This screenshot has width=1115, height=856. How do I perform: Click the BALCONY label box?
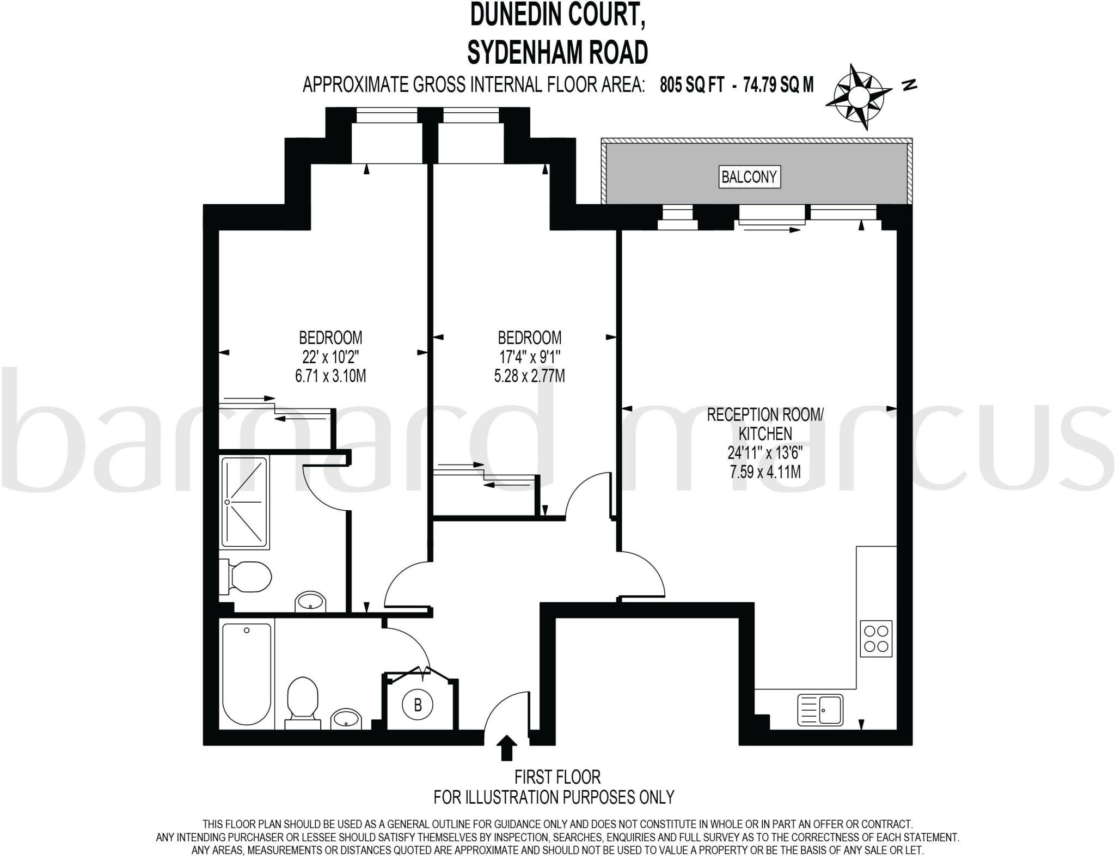pos(749,177)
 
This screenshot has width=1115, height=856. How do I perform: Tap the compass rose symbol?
pos(859,97)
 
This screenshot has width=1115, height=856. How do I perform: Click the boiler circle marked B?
pos(418,705)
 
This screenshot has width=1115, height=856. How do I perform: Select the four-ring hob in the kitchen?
pos(876,639)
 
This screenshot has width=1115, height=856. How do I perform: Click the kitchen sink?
pos(820,710)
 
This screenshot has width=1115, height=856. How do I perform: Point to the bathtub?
pos(247,674)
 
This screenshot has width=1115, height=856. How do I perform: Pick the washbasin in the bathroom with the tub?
pos(346,718)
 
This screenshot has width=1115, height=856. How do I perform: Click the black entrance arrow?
pos(507,747)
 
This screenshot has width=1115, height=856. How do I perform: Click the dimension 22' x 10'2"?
pos(330,357)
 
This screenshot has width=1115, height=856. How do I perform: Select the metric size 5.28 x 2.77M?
pos(529,376)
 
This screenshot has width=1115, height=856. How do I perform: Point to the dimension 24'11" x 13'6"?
pos(765,453)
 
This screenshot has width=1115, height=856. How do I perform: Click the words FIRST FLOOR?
pos(557,776)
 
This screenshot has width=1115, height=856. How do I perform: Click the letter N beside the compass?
pos(909,85)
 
